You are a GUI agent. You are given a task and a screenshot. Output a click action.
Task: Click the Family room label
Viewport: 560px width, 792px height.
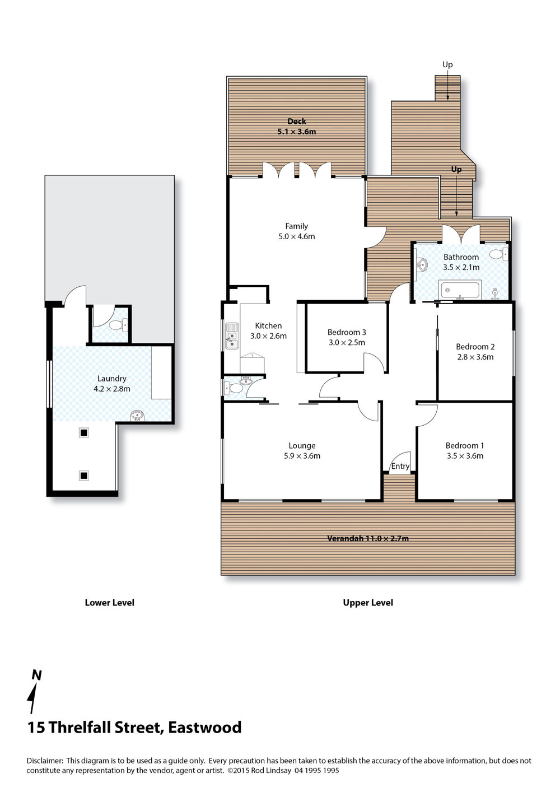(296, 226)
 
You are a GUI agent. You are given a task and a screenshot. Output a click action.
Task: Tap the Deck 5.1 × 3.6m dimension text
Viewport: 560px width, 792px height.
(297, 132)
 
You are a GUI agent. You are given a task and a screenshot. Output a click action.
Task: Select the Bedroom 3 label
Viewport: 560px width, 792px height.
(347, 332)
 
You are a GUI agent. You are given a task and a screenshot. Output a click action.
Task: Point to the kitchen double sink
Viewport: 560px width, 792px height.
(232, 336)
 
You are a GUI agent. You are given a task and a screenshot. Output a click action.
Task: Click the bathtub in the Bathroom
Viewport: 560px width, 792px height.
(460, 290)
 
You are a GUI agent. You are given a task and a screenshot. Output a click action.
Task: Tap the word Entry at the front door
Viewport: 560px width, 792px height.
(400, 466)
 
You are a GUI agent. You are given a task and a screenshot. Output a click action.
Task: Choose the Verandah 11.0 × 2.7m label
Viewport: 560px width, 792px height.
(368, 538)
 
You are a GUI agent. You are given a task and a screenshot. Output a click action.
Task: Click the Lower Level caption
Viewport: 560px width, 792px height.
(110, 603)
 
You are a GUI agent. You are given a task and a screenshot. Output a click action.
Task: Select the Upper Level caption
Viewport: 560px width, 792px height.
(368, 603)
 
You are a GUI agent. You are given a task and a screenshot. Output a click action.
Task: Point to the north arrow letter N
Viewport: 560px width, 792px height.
(37, 675)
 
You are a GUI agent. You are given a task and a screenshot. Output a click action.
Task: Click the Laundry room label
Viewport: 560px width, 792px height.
(111, 378)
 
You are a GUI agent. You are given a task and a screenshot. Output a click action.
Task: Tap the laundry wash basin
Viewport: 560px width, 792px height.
(137, 416)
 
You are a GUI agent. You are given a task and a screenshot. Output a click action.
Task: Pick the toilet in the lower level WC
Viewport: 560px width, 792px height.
(118, 325)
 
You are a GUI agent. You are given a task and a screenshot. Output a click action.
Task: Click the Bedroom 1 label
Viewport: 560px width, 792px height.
(465, 445)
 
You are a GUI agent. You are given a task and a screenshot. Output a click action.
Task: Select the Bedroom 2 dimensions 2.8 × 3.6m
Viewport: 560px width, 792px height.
(475, 357)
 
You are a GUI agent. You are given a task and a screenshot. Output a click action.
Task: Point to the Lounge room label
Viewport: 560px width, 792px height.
(302, 445)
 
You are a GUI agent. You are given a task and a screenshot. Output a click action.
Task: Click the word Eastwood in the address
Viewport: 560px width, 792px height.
(205, 727)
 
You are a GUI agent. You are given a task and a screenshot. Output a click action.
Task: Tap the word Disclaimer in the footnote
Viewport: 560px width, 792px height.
(45, 761)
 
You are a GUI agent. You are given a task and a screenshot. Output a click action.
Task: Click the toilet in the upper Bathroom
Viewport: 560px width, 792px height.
(499, 254)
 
